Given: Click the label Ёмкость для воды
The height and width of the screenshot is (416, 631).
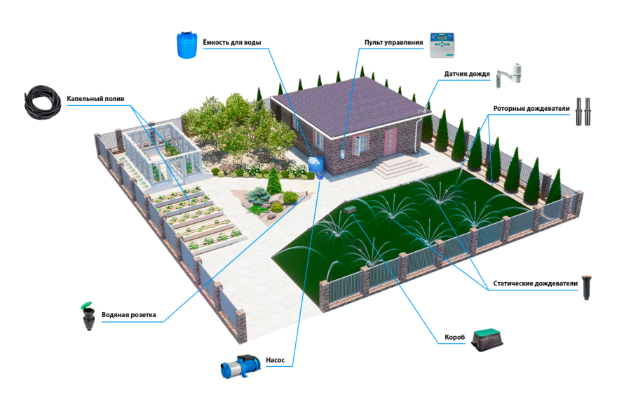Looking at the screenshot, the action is coord(232,42).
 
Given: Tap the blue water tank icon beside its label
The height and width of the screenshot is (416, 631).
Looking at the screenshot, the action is coord(187,45).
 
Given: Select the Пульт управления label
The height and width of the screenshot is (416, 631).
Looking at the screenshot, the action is coord(393,42).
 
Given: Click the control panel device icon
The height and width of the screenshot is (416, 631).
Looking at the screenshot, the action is coord(442,45).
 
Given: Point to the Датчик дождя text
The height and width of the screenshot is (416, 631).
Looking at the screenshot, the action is coord(467,74).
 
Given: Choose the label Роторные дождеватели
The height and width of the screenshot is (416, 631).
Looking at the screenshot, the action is coord(531,108).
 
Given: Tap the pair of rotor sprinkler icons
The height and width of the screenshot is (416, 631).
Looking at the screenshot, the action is coord(583,111).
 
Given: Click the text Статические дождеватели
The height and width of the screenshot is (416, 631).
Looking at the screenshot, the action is coord(535,283).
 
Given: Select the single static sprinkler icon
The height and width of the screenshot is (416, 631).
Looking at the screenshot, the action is coord(587,287).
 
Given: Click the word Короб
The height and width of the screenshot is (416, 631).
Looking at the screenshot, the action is coord(455,337).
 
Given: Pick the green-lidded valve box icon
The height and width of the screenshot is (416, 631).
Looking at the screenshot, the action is coord(488,340).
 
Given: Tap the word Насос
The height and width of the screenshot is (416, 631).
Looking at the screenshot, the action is coord(276,360).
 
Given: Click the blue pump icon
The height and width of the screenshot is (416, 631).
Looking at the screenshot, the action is coord(240,366).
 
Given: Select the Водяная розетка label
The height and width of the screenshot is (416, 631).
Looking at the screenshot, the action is coord(129,315).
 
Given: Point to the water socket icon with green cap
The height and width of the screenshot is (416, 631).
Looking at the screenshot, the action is coord(88,316).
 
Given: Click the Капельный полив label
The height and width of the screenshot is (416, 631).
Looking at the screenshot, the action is coord(95,99).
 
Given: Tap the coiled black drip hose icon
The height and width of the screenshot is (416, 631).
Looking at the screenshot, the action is coord(42,102).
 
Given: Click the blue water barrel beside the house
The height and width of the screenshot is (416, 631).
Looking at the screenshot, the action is coord(316,165).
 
